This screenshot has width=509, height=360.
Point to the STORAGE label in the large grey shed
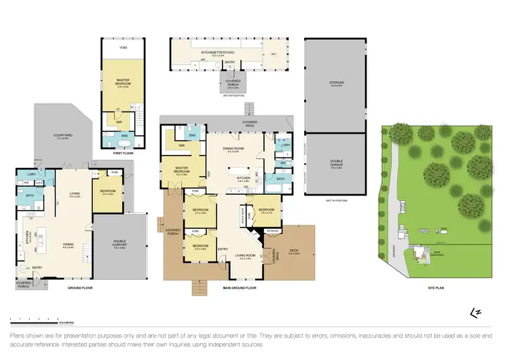[337, 83]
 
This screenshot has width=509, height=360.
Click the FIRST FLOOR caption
[122, 154]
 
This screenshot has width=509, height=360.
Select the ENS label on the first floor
[124, 136]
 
